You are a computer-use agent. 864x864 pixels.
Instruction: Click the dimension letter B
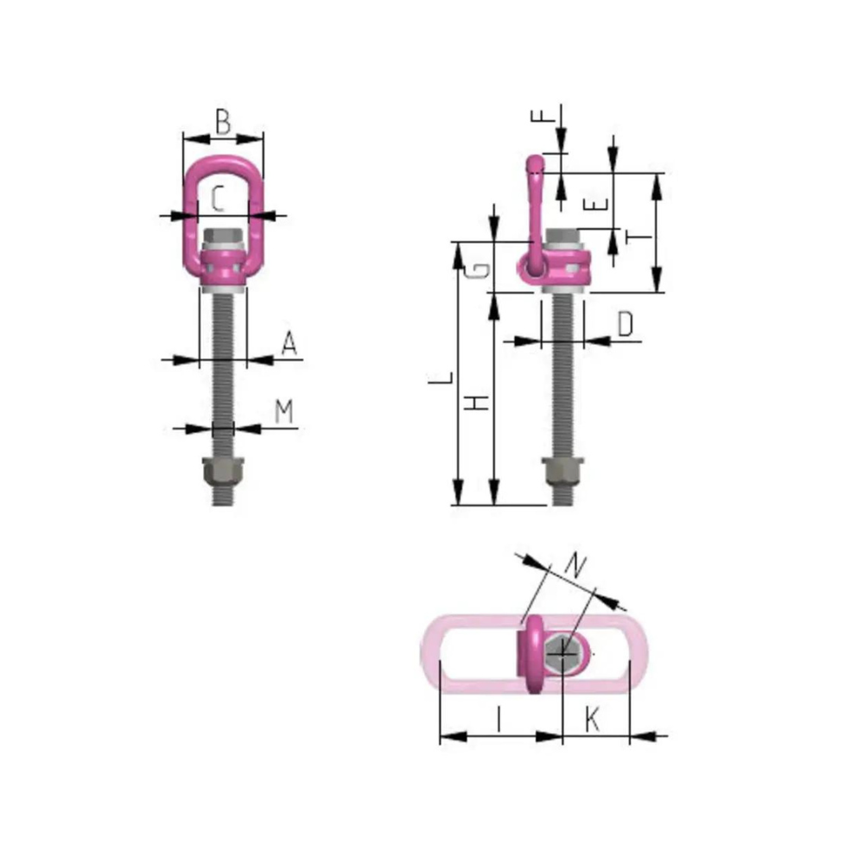pos(223,122)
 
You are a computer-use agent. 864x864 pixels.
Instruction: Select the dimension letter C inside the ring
pos(219,201)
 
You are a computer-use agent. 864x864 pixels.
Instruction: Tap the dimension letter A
pos(289,345)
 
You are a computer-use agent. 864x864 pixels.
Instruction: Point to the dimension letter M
pos(283,412)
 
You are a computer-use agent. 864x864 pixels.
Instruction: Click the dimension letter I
pos(499,719)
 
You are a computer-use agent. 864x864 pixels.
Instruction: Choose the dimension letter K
pos(592,719)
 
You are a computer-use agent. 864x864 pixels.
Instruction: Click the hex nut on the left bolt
pos(223,472)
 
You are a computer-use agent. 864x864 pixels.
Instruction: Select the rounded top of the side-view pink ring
pos(536,163)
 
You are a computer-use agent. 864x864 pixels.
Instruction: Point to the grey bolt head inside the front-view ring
pos(223,237)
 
